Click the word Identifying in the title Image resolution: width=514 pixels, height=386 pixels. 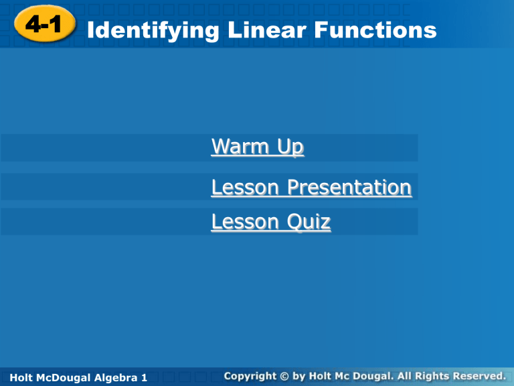[143, 30]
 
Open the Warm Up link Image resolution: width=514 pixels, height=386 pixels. [257, 147]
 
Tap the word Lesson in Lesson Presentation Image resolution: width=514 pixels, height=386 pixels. [246, 188]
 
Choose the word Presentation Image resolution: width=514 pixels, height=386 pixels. [349, 188]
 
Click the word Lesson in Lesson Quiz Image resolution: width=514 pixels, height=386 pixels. [246, 221]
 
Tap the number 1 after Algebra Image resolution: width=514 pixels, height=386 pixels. [144, 378]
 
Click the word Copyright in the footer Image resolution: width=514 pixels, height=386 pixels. [250, 376]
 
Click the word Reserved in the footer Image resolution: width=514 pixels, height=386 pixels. [482, 376]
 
